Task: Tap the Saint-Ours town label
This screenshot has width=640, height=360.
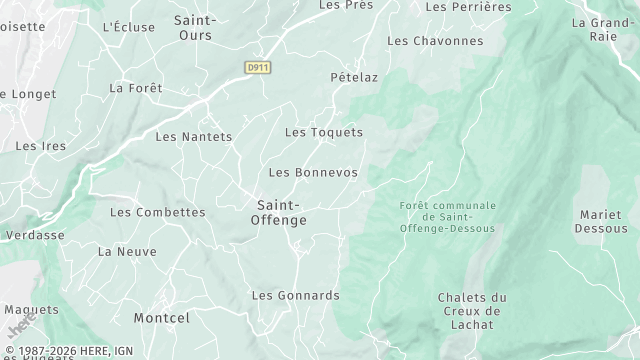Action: point(198,27)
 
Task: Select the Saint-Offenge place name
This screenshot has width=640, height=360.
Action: point(278,212)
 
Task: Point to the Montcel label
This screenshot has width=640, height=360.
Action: point(163,318)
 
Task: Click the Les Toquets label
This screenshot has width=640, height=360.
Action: point(323,132)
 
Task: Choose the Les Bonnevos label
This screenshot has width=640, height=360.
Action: point(313,173)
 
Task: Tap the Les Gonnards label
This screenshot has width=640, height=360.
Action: point(295,296)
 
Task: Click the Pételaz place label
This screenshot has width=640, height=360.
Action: point(354,77)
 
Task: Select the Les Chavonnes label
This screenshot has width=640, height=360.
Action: point(434,41)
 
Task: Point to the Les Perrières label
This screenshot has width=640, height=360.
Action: point(468,6)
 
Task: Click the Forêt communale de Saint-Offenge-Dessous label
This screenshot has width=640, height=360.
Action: point(447,216)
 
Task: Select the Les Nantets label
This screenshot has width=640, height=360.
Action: point(194,137)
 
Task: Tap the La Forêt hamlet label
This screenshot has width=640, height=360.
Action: point(129,88)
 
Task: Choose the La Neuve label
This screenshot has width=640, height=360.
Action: point(120,252)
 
